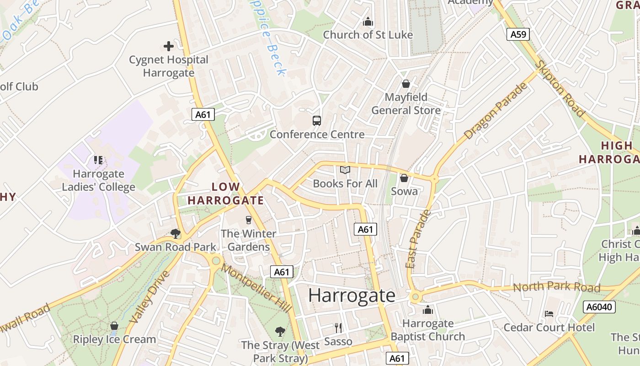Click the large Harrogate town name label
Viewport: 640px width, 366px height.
click(x=352, y=296)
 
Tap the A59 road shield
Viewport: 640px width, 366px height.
click(x=518, y=34)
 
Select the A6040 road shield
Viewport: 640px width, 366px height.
click(x=599, y=307)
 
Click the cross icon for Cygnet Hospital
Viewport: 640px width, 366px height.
click(x=169, y=46)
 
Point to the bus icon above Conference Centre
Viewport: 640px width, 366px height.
click(x=317, y=120)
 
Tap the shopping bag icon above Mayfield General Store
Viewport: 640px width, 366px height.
click(x=405, y=84)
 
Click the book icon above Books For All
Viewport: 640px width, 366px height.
click(x=345, y=170)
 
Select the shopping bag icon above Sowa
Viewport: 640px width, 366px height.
click(x=404, y=178)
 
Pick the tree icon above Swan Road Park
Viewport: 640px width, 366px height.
click(x=175, y=233)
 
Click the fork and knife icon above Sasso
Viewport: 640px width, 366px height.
click(x=338, y=328)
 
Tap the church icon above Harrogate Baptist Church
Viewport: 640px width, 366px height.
click(x=428, y=310)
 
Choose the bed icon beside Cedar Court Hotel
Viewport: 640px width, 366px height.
click(x=549, y=314)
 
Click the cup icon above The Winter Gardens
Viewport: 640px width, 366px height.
click(x=249, y=220)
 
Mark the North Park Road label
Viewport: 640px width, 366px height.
click(x=556, y=287)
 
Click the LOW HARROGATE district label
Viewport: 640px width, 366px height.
click(x=226, y=194)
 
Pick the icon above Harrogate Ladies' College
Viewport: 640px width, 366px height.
click(x=98, y=160)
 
